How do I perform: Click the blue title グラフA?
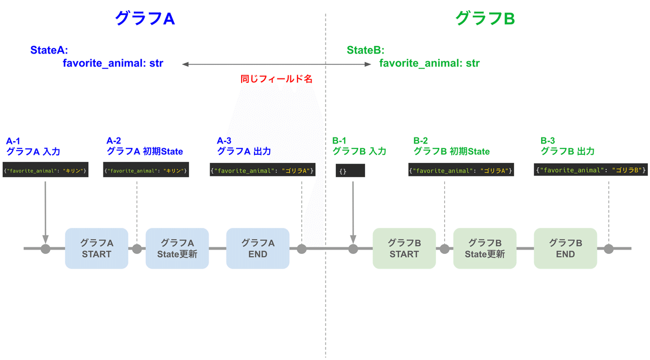[x=144, y=18]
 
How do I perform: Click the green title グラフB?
[x=485, y=18]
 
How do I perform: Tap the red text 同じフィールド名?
[x=276, y=79]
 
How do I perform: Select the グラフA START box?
[x=96, y=248]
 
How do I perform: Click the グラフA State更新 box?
[x=177, y=248]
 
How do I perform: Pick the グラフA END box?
[x=258, y=248]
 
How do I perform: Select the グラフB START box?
[x=404, y=248]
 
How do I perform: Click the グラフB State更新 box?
[x=485, y=248]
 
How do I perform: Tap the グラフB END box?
[x=565, y=248]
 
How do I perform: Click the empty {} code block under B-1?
[x=350, y=171]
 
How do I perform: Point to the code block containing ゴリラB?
[x=591, y=170]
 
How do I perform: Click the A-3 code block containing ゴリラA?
[x=263, y=171]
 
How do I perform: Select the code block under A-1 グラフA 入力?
[x=45, y=171]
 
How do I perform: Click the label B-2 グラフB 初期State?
[x=451, y=146]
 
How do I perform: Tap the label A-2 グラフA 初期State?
[x=145, y=146]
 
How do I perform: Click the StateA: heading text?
[x=49, y=50]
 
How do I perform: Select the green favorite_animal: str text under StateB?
[x=429, y=63]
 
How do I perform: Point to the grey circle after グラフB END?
[x=609, y=249]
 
